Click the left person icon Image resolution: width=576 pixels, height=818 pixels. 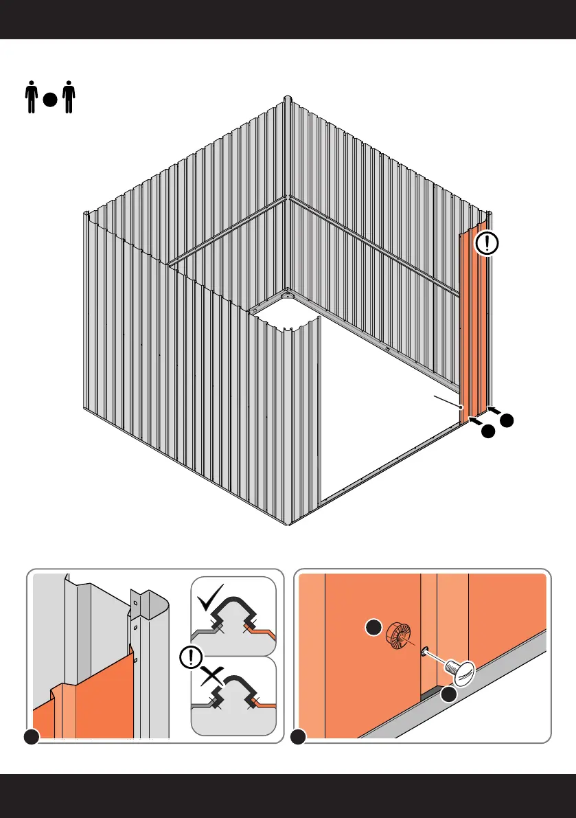(30, 98)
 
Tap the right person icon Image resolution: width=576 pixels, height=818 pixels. (68, 98)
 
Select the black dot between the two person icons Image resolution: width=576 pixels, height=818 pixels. (49, 100)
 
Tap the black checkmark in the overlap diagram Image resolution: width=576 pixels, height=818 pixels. (209, 604)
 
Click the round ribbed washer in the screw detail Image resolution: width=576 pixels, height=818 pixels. (397, 634)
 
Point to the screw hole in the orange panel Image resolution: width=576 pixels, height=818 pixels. (425, 650)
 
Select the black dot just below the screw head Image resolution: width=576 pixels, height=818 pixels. (449, 695)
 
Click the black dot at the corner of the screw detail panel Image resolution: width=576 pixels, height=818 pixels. (298, 738)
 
